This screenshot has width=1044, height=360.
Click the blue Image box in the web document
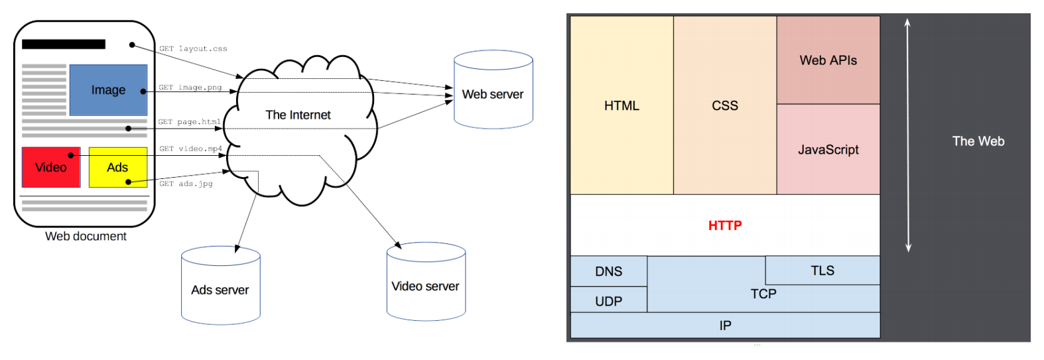108,90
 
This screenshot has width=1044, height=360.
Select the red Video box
51,167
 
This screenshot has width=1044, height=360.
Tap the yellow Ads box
118,167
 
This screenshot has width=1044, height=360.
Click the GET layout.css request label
193,49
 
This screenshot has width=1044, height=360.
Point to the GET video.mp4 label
190,149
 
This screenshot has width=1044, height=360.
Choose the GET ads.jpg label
186,184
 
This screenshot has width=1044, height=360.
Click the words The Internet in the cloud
298,115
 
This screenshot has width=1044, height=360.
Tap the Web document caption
86,236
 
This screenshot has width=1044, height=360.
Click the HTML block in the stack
621,105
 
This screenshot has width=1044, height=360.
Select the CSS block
725,105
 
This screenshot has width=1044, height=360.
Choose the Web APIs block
828,60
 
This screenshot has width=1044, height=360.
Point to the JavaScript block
828,150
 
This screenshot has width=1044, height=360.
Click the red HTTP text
725,225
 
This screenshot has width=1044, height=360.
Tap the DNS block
608,271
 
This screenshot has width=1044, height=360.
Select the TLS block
822,270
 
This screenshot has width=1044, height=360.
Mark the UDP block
608,301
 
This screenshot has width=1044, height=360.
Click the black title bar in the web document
64,44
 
